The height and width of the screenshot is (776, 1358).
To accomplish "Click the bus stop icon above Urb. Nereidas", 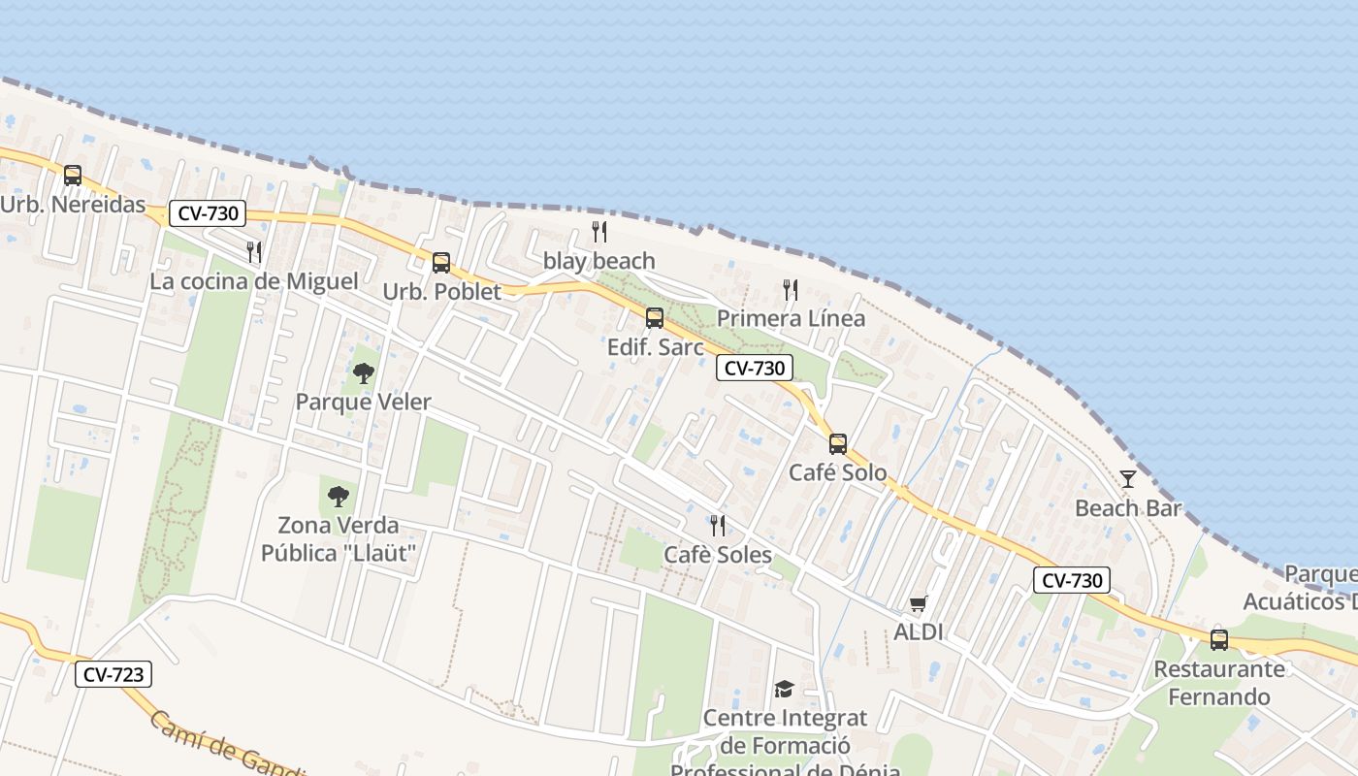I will tap(73, 176).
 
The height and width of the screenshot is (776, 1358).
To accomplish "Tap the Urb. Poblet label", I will tap(441, 291).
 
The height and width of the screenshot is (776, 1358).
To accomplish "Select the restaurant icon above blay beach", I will tap(599, 232).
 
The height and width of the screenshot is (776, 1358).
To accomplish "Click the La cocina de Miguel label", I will tap(253, 281).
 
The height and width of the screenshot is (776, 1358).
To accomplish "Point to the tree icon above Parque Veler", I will tap(363, 372).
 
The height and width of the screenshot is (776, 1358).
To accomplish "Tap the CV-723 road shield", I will tap(113, 674).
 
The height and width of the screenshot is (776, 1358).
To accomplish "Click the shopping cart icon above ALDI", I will tap(918, 603).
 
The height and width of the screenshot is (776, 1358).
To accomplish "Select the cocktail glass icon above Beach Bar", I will tap(1127, 478).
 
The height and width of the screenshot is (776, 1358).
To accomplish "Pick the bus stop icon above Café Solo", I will tap(837, 444).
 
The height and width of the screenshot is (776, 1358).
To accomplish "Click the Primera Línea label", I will tap(791, 318).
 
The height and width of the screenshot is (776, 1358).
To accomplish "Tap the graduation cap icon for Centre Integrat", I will tap(784, 689).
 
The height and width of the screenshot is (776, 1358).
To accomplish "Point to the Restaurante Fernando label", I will tap(1218, 683).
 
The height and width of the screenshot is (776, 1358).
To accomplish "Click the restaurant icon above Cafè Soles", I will tap(718, 526).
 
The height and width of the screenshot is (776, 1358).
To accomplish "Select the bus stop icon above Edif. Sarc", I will tap(655, 318).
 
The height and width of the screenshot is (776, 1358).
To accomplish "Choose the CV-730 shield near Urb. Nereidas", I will tap(208, 213).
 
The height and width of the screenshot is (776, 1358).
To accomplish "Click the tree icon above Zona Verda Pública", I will tap(338, 497).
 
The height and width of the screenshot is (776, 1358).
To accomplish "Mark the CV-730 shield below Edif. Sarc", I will tap(755, 368).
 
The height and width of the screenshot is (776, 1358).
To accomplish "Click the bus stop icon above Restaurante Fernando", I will tap(1218, 640).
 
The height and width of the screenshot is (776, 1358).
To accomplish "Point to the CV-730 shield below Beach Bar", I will tap(1072, 580).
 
